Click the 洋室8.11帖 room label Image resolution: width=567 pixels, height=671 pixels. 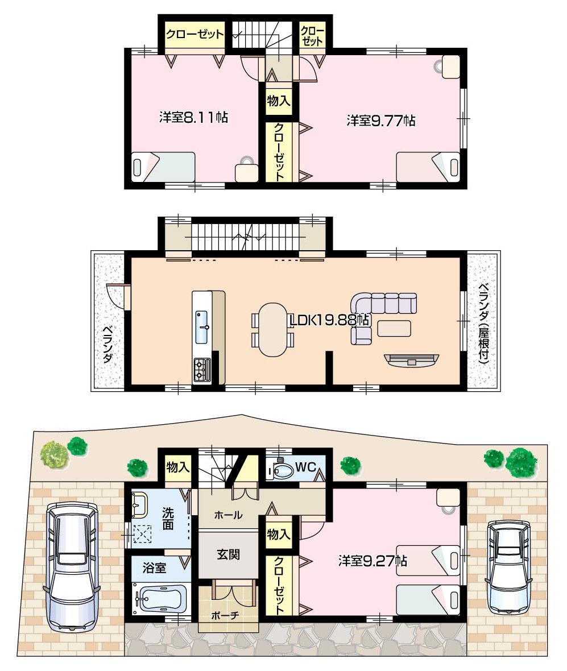(x=193, y=118)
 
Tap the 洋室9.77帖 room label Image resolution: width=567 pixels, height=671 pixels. (x=380, y=121)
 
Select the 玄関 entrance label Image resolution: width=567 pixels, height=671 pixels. (x=227, y=554)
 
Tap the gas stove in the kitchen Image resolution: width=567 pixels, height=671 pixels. (x=202, y=370)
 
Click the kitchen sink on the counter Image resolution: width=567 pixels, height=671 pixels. (x=202, y=328)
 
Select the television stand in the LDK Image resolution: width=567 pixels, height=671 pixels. (x=412, y=359)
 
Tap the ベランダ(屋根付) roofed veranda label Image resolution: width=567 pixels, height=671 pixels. (x=483, y=322)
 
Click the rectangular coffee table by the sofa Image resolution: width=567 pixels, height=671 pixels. (x=394, y=328)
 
